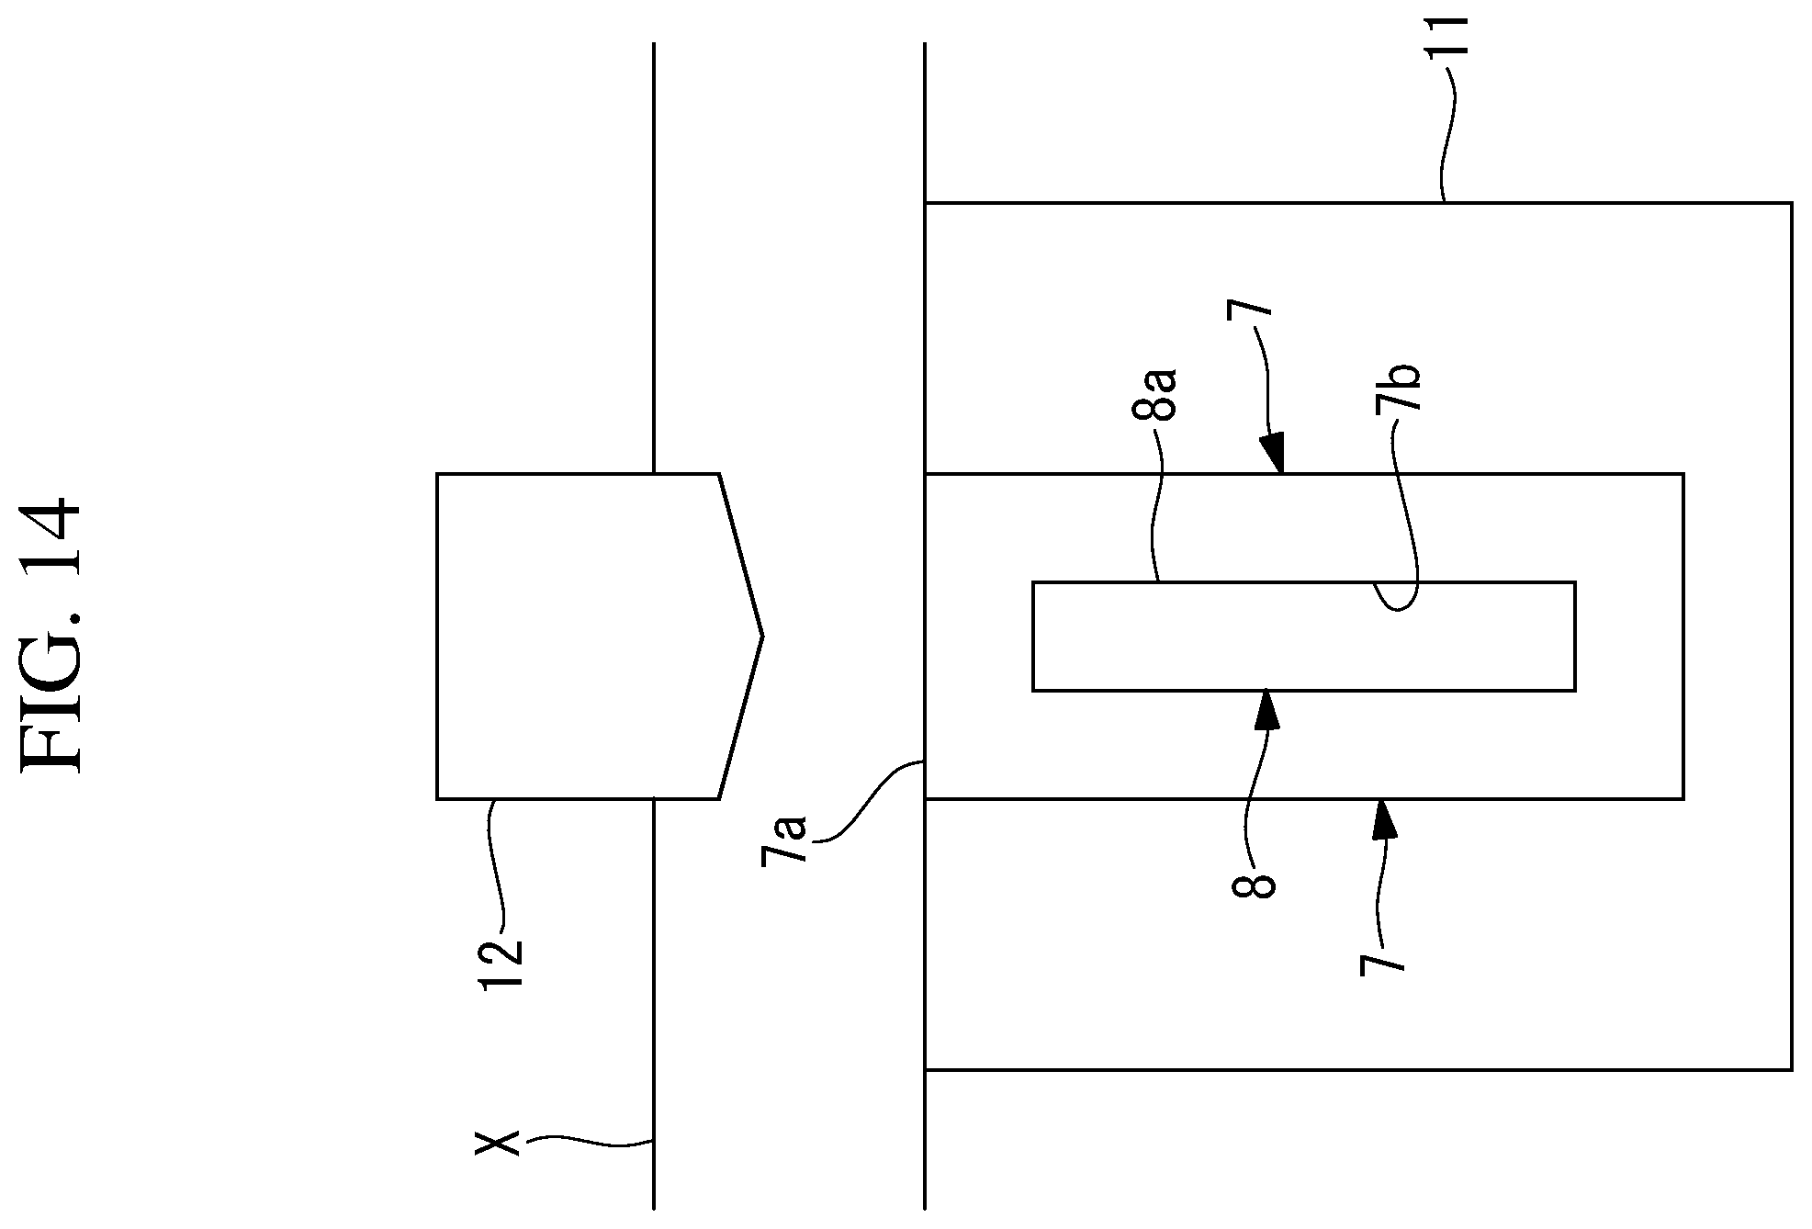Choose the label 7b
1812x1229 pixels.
[1398, 390]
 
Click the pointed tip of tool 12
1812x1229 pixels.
[762, 636]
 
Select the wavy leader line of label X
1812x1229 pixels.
[588, 1141]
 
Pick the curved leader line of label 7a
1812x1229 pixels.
[868, 799]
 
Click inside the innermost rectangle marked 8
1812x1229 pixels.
[1303, 636]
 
